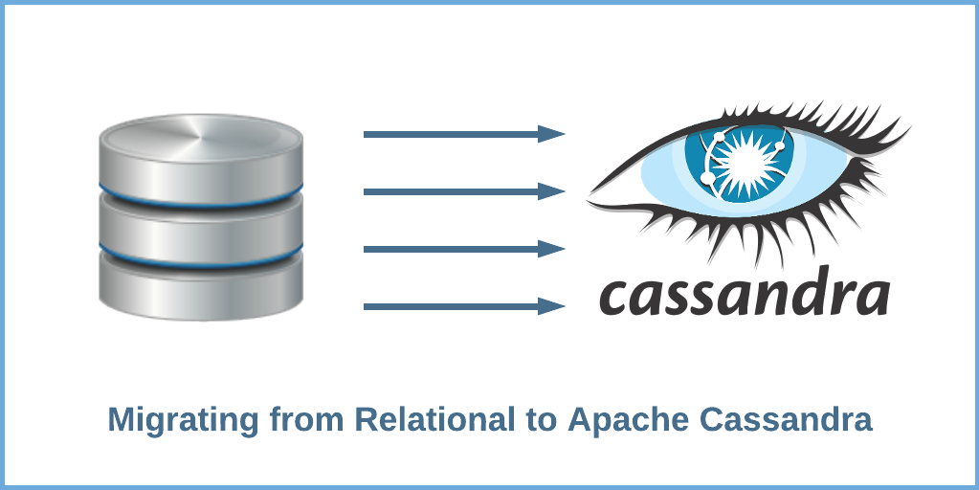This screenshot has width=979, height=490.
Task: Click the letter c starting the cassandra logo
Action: [x=618, y=299]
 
